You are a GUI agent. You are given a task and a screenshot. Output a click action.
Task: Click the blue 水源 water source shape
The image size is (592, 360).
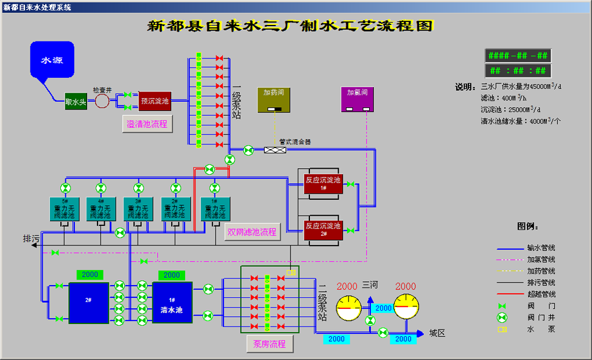click(52, 61)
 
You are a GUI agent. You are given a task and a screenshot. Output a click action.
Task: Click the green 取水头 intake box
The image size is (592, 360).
click(76, 102)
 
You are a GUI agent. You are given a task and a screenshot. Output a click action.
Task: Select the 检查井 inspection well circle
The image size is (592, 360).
click(102, 101)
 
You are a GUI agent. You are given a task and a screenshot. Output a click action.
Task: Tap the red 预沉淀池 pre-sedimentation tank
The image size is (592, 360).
click(155, 101)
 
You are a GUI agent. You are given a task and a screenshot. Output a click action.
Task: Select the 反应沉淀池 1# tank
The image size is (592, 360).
click(324, 184)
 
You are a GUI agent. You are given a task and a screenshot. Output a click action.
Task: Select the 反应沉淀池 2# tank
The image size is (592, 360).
click(324, 229)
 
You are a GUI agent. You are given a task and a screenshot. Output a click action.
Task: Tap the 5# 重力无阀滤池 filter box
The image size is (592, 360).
click(64, 208)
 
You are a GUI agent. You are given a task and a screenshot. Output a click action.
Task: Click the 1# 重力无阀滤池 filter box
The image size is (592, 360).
click(214, 208)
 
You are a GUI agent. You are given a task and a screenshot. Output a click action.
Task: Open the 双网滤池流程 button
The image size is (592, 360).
click(252, 232)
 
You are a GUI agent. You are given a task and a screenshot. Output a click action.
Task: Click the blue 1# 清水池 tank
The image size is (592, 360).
click(172, 302)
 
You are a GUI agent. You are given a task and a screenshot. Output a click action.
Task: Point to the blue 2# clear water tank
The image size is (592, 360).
click(89, 302)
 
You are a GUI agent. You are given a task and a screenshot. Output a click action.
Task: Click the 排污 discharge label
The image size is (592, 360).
click(31, 238)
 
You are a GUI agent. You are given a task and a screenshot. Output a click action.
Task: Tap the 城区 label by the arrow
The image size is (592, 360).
click(437, 333)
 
